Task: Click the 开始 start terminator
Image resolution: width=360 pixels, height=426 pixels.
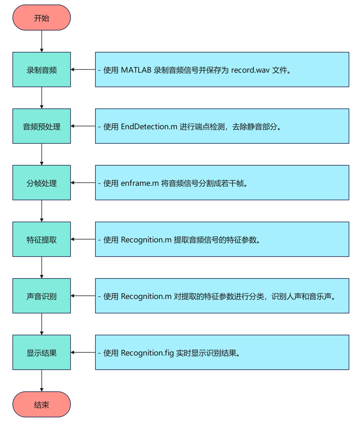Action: coord(41,18)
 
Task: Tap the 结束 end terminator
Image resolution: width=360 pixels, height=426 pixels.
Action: coord(41,404)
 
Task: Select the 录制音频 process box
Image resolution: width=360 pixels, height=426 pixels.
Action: coord(41,70)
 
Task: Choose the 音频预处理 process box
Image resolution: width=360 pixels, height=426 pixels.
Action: coord(41,127)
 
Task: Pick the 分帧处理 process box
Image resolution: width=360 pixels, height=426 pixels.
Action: coord(41,183)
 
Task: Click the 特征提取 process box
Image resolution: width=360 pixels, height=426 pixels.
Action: coord(41,240)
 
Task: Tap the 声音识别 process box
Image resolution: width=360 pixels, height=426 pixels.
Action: coord(41,296)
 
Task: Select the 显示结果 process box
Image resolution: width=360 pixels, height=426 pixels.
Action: coord(41,353)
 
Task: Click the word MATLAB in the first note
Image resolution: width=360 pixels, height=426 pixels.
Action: coord(137,70)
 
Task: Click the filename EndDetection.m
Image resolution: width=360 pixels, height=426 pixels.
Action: coord(149,127)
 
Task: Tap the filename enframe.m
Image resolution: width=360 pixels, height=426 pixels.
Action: coord(140,183)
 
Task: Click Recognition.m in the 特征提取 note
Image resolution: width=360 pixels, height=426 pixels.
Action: coord(146,240)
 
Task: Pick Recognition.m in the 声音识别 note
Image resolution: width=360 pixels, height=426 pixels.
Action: coord(146,297)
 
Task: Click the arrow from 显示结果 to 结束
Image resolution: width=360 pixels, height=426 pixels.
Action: coord(41,381)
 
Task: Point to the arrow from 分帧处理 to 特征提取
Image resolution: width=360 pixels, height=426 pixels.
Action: coord(41,211)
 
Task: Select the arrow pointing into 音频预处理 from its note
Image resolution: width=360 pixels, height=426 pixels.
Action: coord(83,127)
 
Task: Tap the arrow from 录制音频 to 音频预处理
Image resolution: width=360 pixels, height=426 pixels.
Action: coord(41,98)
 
